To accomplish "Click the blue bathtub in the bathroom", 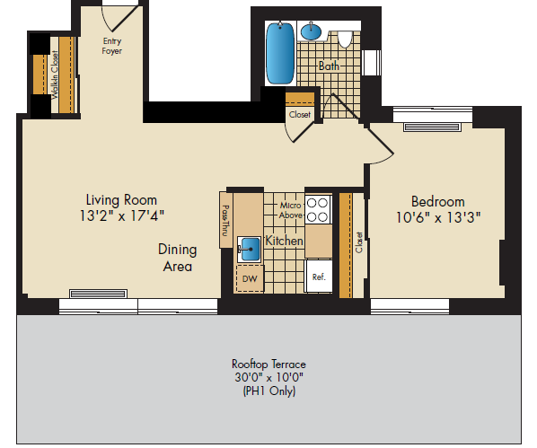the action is click(280, 53).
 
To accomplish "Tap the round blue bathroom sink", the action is click(311, 31).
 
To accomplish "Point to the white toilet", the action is click(345, 40).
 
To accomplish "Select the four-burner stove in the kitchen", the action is click(318, 209).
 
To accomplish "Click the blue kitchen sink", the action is click(250, 249).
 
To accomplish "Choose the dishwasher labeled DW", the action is click(250, 278).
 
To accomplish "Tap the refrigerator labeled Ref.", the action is click(319, 277).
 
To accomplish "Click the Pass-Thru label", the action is click(225, 221).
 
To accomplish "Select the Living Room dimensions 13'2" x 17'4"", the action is click(121, 216).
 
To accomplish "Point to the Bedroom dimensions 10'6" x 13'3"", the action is click(438, 217).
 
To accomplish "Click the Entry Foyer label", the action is click(112, 46).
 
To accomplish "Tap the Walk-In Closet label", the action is click(55, 75).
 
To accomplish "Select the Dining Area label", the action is click(178, 258).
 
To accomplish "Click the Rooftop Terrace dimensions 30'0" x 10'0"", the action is click(268, 377).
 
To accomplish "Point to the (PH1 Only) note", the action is click(268, 391).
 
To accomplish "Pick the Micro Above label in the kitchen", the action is click(290, 210).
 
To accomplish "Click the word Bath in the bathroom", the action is click(329, 66).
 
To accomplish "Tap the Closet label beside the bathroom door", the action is click(300, 114).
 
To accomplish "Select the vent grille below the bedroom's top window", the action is click(432, 127).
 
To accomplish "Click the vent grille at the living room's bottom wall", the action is click(98, 294).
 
